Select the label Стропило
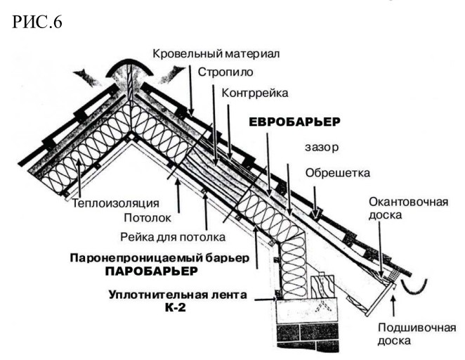(x=225, y=72)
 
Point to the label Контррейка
(x=254, y=92)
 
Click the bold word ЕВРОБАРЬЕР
(x=295, y=122)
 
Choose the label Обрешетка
(x=338, y=173)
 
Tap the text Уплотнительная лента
(x=178, y=295)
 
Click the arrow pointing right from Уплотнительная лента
(x=263, y=300)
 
